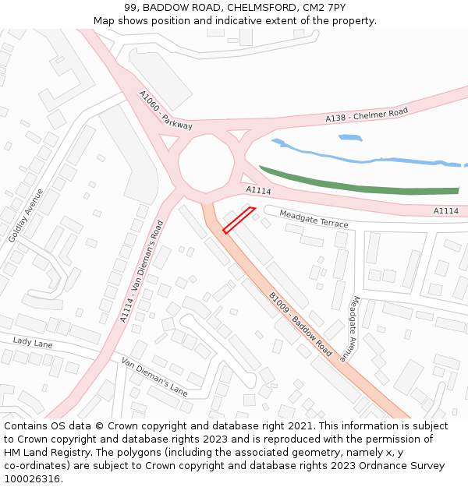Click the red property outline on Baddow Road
coord(239,220)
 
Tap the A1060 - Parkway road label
coord(165,110)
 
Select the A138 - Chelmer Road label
coord(367,115)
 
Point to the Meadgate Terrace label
coord(314,219)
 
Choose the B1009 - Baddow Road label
coord(300,324)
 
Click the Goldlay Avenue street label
coord(26,215)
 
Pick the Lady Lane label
coord(32,342)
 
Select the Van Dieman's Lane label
coord(154,376)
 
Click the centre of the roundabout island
coord(206,163)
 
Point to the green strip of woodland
coord(359,185)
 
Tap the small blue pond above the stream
coord(350,138)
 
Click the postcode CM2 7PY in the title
coord(324,8)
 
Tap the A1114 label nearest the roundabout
coord(258,190)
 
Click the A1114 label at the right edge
coord(445,210)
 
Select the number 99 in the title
coord(129,8)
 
